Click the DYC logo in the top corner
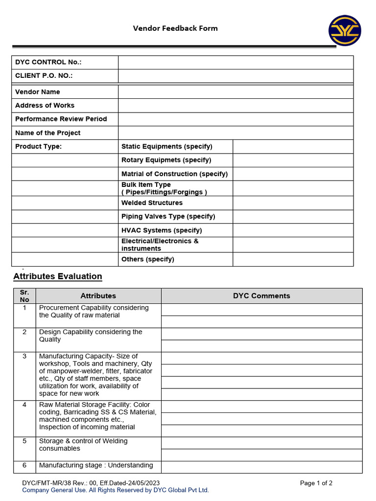[345, 31]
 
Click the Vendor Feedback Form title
[175, 28]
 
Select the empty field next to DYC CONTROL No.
[235, 62]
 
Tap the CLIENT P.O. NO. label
[44, 76]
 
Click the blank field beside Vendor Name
[235, 92]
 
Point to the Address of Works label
[45, 106]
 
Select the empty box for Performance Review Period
[235, 119]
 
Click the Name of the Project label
[47, 133]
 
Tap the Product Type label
[38, 147]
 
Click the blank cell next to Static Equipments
[293, 147]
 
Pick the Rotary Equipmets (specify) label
[166, 160]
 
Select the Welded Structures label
[152, 203]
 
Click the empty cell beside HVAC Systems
[293, 230]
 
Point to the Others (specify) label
[147, 259]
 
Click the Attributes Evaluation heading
[58, 276]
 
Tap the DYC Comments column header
[261, 296]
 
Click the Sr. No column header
[24, 296]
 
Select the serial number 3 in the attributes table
[24, 356]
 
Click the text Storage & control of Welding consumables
[83, 445]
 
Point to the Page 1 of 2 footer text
[316, 483]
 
